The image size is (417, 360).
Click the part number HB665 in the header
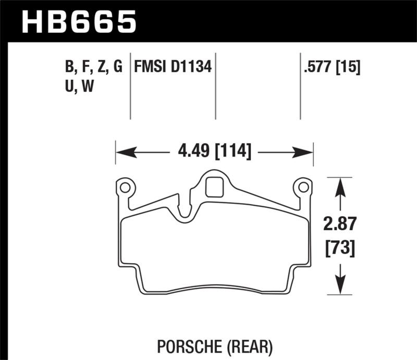(78, 22)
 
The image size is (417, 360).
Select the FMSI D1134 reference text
(173, 67)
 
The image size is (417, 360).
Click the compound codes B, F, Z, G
(91, 67)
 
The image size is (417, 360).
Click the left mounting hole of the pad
(125, 187)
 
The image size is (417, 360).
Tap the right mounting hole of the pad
(302, 187)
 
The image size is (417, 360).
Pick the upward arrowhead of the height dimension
(340, 184)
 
